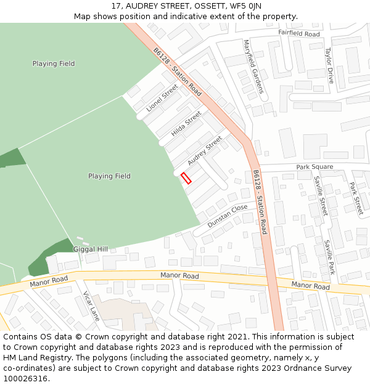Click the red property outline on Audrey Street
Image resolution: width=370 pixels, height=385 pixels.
186,179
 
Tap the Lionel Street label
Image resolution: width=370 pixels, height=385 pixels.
162,98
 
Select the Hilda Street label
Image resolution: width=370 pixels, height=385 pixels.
186,123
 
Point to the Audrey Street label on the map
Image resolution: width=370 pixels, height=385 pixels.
204,150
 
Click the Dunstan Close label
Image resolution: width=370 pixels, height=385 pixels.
227,216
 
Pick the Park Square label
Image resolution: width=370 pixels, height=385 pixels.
314,167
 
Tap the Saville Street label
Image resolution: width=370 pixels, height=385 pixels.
319,195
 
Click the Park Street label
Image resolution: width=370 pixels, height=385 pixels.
356,198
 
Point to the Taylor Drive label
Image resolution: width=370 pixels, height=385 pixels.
329,66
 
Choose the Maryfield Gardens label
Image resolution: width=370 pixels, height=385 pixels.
253,67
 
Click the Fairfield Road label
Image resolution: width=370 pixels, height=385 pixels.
299,34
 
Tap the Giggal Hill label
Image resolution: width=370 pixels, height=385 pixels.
91,249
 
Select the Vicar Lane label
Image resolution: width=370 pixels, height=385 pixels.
91,306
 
